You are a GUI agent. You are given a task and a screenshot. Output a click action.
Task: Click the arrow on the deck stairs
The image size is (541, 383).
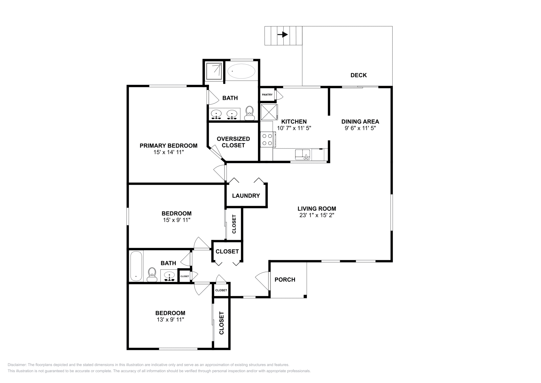tap(283, 35)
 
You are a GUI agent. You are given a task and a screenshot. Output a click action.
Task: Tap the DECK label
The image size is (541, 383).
tap(358, 75)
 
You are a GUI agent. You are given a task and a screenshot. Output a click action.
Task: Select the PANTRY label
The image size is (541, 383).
tap(267, 95)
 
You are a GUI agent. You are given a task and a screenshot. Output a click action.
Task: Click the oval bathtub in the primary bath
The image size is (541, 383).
tap(241, 71)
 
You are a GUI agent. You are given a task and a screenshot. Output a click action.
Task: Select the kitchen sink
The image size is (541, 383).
tap(302, 155)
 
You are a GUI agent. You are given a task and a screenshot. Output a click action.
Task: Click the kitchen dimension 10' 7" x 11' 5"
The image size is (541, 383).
tap(294, 128)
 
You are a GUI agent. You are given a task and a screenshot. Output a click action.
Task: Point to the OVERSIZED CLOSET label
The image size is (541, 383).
tap(233, 142)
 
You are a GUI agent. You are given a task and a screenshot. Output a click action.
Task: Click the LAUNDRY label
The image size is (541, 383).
tap(246, 196)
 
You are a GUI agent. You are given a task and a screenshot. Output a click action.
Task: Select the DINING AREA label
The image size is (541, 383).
tap(360, 121)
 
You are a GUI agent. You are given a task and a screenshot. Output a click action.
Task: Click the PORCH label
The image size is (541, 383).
tap(285, 279)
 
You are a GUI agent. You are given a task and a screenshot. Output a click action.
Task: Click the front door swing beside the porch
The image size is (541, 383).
tap(263, 280)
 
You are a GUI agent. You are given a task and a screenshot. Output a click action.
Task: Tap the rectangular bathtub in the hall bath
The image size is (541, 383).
tap(136, 266)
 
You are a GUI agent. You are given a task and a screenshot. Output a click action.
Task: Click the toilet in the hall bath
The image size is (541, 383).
tap(152, 274)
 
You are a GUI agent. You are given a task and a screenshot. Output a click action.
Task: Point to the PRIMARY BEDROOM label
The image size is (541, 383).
tap(168, 146)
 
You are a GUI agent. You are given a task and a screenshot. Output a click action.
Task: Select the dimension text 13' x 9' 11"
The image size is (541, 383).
tap(170, 319)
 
